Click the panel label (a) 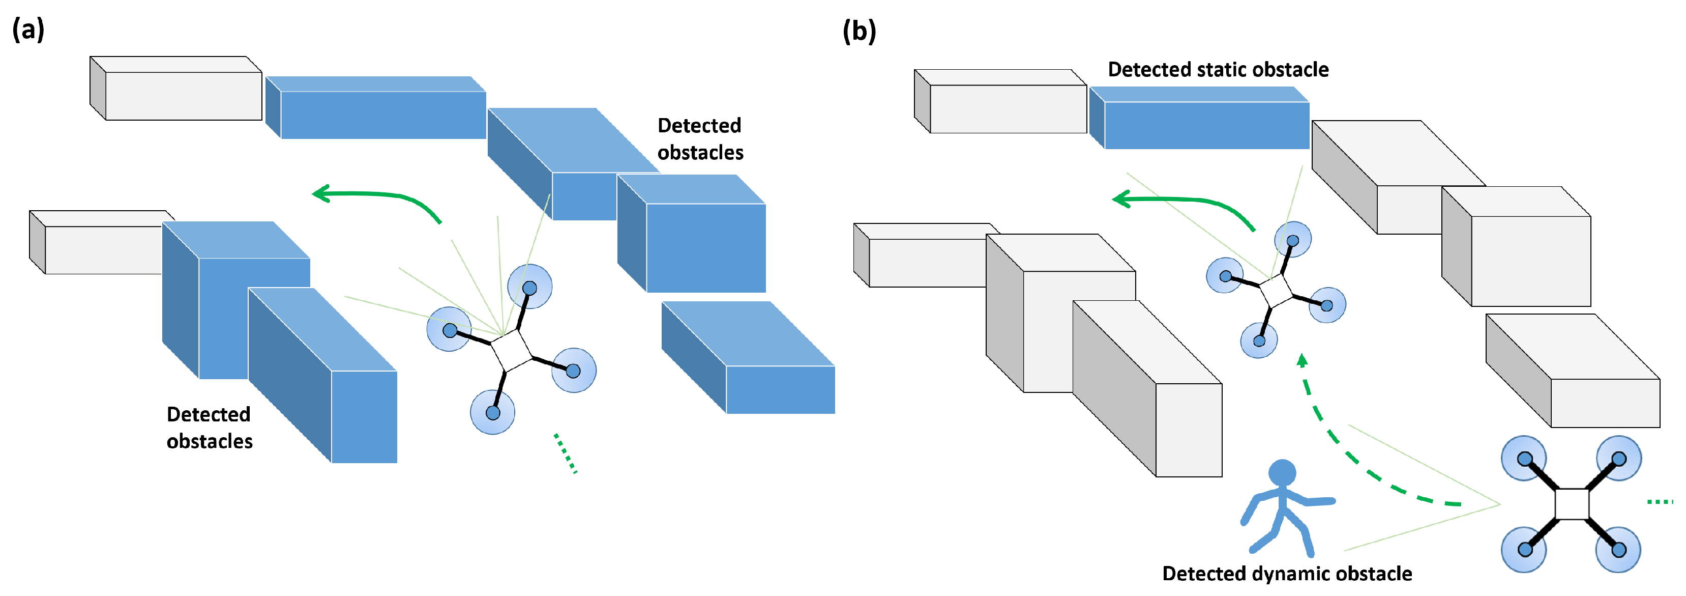point(28,30)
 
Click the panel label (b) point(859,32)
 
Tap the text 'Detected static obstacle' point(1218,69)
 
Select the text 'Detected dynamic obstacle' point(1286,574)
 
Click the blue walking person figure point(1283,507)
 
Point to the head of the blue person point(1282,472)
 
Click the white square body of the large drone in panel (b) point(1572,504)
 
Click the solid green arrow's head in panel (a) point(321,193)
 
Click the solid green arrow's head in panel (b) point(1121,198)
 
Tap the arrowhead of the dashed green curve point(1303,361)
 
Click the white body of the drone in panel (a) point(511,351)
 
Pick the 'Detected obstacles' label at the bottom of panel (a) point(209,428)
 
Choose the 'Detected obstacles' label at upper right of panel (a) point(700,139)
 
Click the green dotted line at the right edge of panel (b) point(1659,502)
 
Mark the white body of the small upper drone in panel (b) point(1276,291)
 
